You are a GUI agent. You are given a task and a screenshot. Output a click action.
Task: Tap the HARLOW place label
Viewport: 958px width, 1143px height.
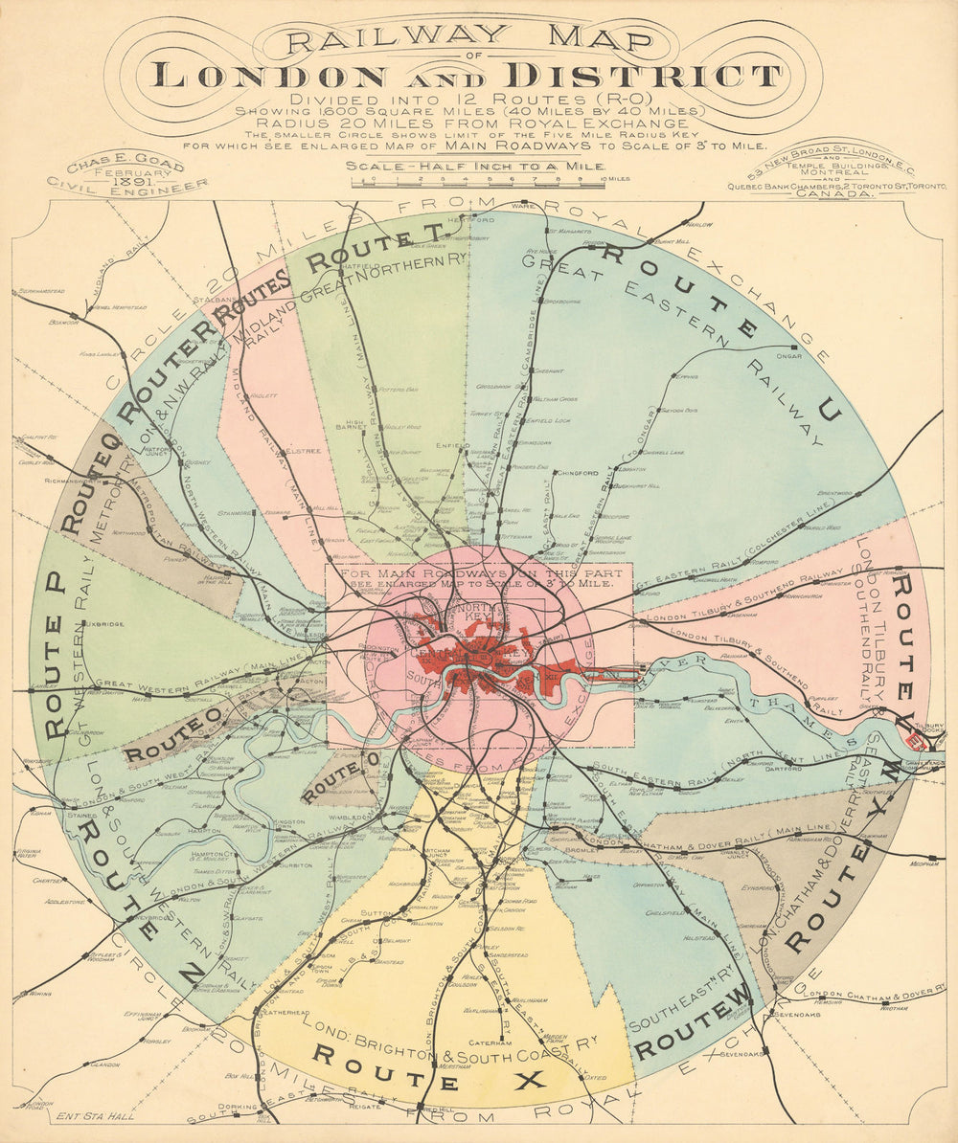point(700,225)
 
